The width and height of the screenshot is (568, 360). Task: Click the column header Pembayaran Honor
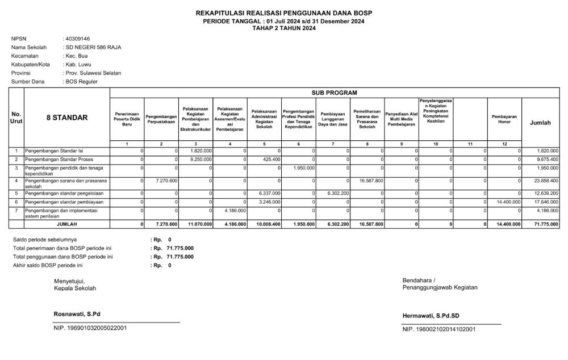504,119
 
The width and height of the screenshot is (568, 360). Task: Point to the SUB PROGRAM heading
334,92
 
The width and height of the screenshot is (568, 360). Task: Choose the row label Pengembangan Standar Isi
53,150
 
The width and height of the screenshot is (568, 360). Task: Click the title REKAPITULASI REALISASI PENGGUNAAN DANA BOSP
284,12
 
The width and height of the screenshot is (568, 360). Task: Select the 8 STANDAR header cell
67,118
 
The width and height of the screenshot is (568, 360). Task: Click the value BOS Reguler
82,82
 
